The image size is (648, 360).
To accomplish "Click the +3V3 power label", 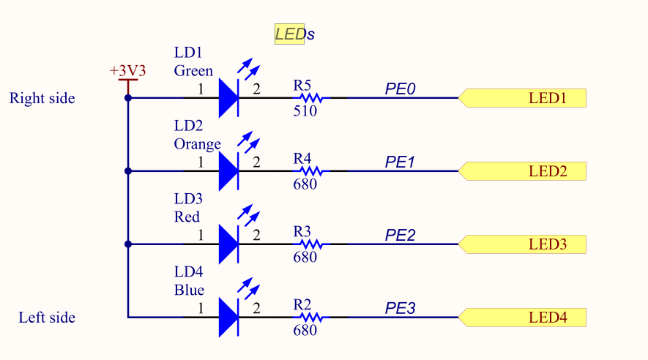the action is (x=127, y=70).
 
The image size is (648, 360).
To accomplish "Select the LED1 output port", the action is (x=522, y=98).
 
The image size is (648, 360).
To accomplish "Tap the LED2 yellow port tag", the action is (x=522, y=171).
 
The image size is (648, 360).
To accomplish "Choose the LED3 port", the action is (x=522, y=244).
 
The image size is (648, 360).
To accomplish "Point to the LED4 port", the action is (x=522, y=317).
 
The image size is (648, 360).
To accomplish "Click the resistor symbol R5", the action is (x=311, y=98).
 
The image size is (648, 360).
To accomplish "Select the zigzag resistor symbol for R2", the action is (x=311, y=317).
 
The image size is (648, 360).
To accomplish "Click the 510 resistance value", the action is (x=305, y=110).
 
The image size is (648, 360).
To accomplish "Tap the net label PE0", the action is (x=400, y=89).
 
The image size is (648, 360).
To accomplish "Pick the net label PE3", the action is (x=400, y=308).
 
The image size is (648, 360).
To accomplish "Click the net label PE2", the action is (x=400, y=235).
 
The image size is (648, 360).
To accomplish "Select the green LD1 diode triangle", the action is (x=228, y=98).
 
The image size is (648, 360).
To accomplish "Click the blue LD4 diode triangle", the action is (x=228, y=317).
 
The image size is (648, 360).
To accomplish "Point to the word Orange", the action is (x=198, y=144).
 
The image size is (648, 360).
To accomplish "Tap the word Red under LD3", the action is (x=187, y=217).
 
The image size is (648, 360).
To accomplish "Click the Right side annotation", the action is (x=42, y=98).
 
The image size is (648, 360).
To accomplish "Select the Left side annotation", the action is (x=47, y=318).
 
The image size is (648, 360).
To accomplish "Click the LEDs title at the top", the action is (x=294, y=34).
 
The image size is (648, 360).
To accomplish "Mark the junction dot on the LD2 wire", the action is (x=128, y=171).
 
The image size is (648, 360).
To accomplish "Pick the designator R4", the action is (x=302, y=158).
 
